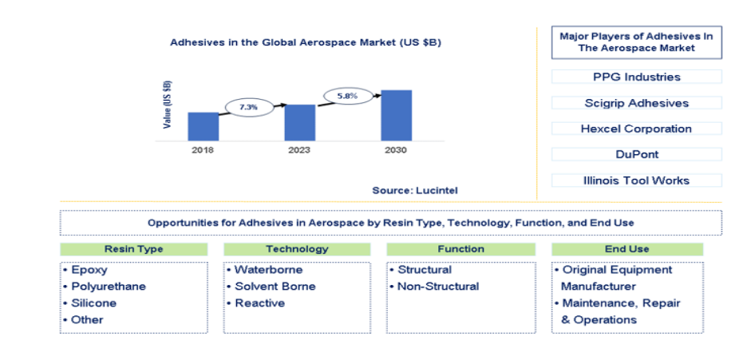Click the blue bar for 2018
(x=204, y=127)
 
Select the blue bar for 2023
(x=299, y=122)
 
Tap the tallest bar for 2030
(x=397, y=115)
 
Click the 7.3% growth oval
(x=249, y=107)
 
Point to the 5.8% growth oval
(x=347, y=96)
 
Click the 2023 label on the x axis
(x=299, y=151)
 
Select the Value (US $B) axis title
(x=168, y=105)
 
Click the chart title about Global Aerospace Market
(x=306, y=42)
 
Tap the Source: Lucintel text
(x=414, y=191)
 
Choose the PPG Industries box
(x=637, y=77)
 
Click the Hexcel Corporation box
(x=637, y=129)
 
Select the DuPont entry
(x=637, y=154)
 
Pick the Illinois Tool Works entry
(x=637, y=180)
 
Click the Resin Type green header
(x=134, y=249)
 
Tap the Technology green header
(x=297, y=249)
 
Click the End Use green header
(x=627, y=249)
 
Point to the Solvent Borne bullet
(x=271, y=287)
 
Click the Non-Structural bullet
(x=434, y=287)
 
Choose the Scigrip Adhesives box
(x=637, y=103)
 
